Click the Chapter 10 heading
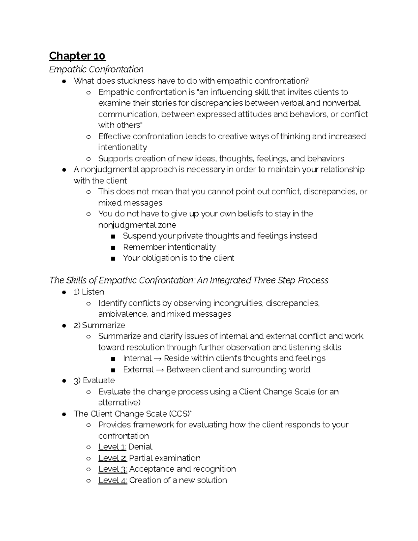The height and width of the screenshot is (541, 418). [x=77, y=56]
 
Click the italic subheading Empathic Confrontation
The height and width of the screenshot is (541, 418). [x=96, y=69]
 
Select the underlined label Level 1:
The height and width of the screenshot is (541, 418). [x=112, y=447]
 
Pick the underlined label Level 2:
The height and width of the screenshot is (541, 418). [x=113, y=458]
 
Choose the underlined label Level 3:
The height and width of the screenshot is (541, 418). [x=113, y=469]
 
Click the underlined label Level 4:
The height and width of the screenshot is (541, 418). [x=113, y=480]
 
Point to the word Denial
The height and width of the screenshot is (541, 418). [x=140, y=447]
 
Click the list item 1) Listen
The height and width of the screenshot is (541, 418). [x=89, y=292]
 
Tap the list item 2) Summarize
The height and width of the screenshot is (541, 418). [x=99, y=325]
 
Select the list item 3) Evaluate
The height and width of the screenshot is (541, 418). [x=94, y=380]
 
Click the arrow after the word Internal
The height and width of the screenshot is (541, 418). [x=158, y=358]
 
